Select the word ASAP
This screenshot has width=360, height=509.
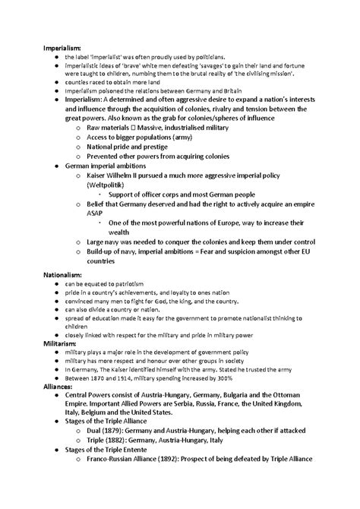tap(96, 213)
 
